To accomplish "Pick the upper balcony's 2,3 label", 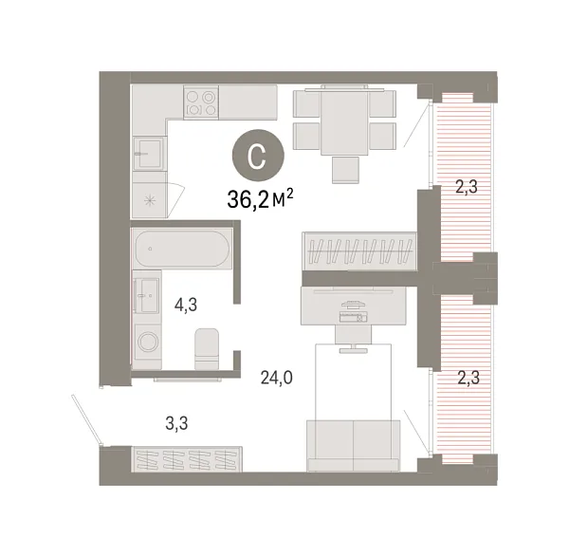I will (465, 187).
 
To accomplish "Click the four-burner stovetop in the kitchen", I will (200, 102).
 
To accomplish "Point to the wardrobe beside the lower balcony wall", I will (359, 251).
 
